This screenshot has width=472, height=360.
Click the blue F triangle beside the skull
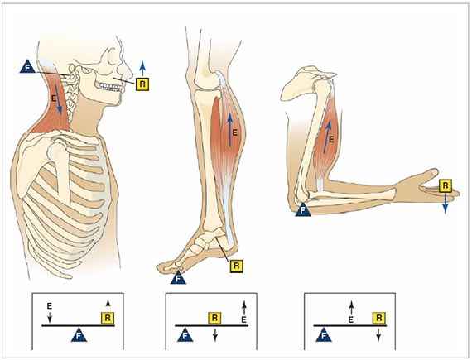pos(27,67)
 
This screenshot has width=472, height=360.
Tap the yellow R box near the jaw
pos(142,84)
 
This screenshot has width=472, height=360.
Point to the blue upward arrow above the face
pos(142,68)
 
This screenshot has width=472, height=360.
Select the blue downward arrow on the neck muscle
pos(60,99)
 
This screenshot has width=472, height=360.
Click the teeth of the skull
pos(111,87)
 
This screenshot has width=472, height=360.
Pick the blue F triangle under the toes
pos(178,277)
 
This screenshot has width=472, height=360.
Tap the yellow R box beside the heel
pos(236,266)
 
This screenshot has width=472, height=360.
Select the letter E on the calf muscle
pos(235,132)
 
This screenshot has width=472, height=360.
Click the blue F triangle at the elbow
pos(303,209)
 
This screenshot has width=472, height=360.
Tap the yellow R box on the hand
pos(446,185)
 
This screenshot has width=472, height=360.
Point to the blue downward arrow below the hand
pos(446,204)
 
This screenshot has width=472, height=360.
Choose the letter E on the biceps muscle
pos(331,139)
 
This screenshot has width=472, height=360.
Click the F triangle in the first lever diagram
pos(79,334)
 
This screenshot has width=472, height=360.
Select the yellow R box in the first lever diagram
pos(108,318)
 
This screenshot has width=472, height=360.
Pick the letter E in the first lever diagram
pos(50,306)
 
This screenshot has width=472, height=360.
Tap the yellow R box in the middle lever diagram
pos(215,318)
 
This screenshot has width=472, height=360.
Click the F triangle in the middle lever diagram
pos(185,334)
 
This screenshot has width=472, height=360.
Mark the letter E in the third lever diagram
pos(351,319)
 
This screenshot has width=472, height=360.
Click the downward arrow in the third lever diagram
pos(378,334)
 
